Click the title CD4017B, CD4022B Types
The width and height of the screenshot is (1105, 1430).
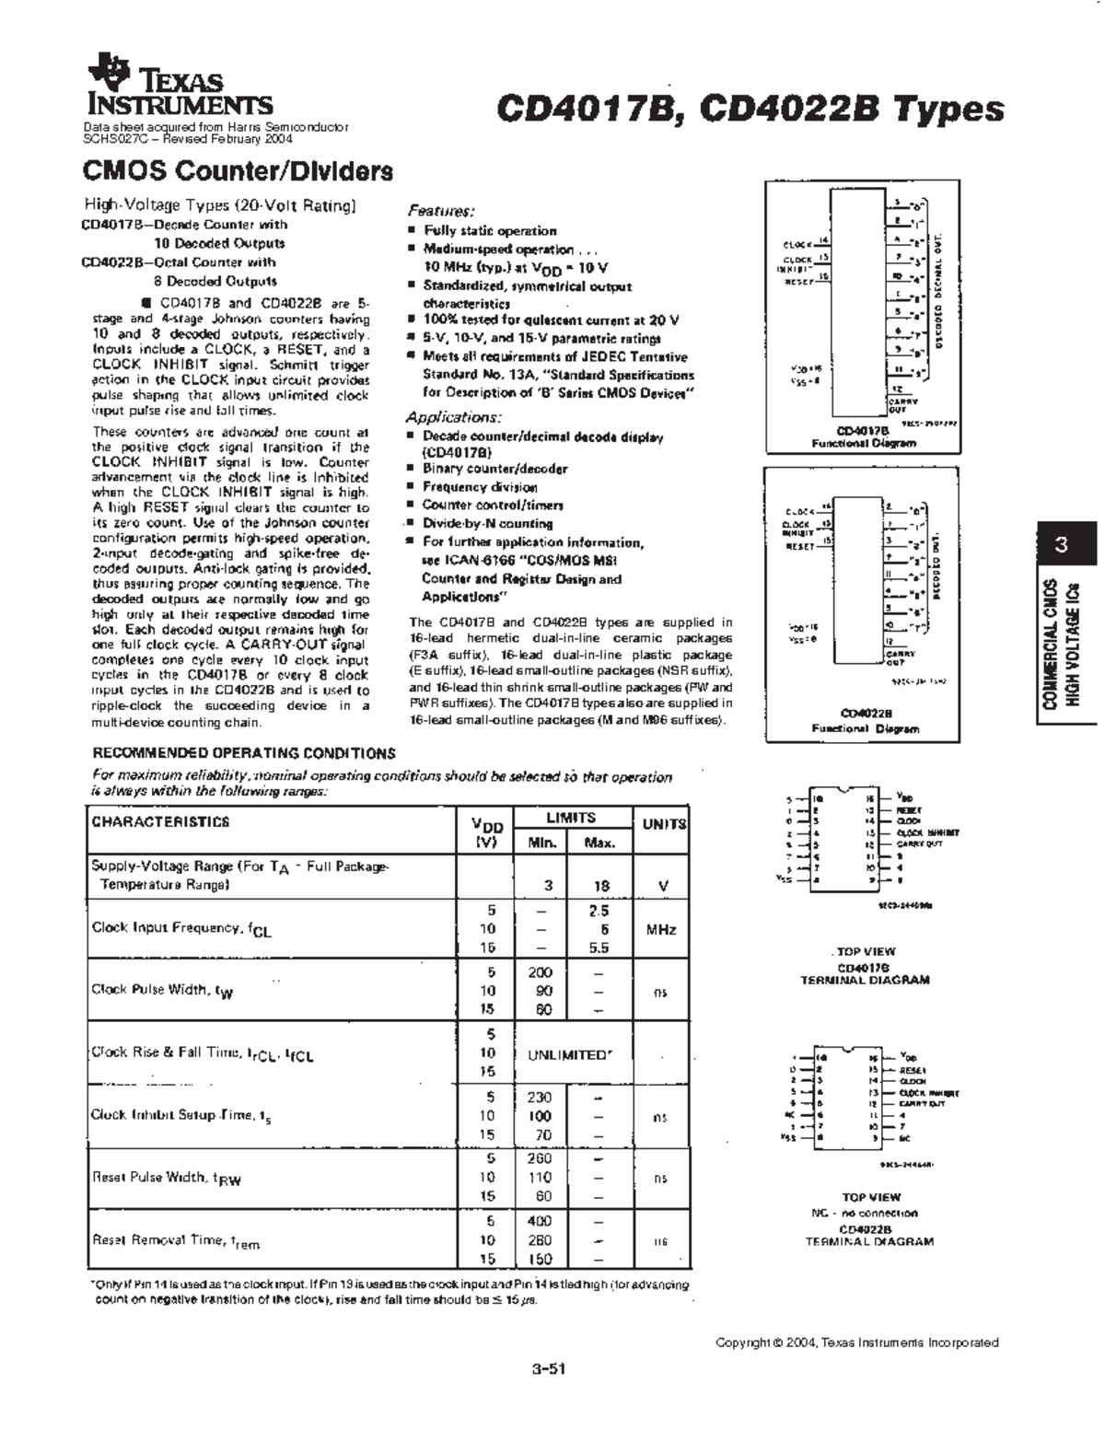(x=750, y=109)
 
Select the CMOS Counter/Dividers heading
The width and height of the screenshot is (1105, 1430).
(x=238, y=171)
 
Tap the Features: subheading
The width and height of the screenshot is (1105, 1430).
(x=441, y=210)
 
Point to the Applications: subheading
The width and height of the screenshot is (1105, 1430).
(x=454, y=416)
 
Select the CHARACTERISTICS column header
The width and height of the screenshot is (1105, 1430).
(x=160, y=822)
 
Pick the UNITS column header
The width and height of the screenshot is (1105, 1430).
(x=664, y=824)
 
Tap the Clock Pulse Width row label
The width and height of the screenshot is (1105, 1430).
(x=162, y=990)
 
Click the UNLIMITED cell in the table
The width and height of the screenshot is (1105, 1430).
(x=570, y=1054)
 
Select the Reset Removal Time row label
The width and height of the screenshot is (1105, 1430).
(x=175, y=1240)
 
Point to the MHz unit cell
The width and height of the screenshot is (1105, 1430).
(x=661, y=930)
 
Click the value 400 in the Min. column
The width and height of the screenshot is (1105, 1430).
(x=541, y=1221)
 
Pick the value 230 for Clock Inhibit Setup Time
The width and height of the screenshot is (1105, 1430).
(x=541, y=1097)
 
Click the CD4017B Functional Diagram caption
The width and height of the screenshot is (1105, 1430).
(x=863, y=436)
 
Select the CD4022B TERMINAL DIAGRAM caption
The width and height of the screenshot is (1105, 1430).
(x=868, y=1235)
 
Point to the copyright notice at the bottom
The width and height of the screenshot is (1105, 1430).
(x=856, y=1343)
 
